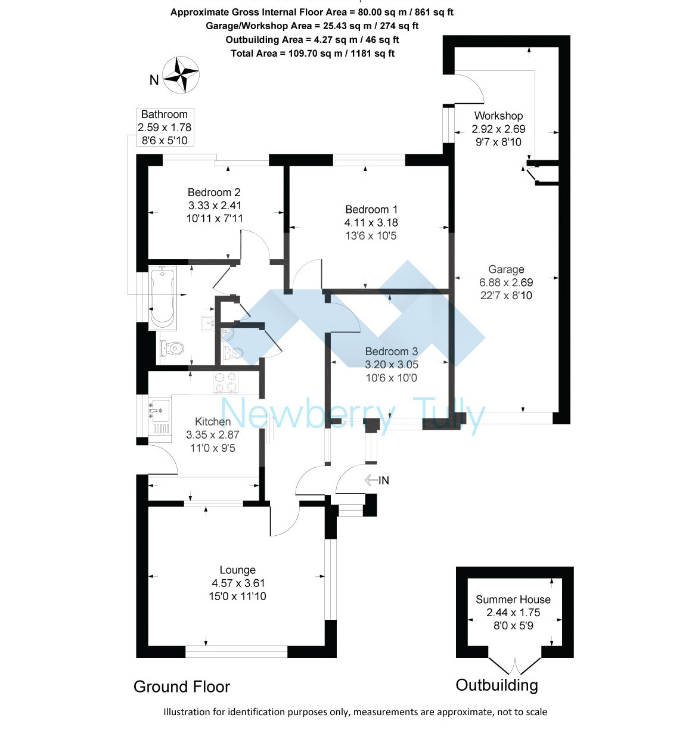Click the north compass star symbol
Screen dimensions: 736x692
point(181,75)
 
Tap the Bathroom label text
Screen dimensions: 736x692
point(164,114)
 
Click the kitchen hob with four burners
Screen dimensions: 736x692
point(225,383)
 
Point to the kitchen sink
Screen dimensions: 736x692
point(159,411)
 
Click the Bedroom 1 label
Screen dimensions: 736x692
point(371,210)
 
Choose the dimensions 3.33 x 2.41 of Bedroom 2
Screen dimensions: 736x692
point(215,206)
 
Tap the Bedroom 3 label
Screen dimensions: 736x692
point(391,352)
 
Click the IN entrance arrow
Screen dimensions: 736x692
point(377,480)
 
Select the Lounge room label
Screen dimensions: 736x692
point(237,570)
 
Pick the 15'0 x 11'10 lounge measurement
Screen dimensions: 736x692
point(237,597)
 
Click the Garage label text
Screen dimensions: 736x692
point(506,269)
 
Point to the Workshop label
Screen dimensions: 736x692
point(498,116)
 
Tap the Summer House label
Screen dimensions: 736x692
point(513,600)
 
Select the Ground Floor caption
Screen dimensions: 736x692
point(182,687)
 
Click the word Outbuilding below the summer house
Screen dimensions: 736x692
point(496,685)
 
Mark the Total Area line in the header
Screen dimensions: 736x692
point(312,54)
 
